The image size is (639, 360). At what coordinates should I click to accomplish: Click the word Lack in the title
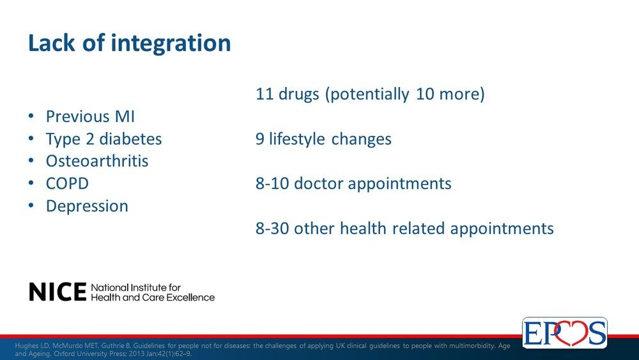51,43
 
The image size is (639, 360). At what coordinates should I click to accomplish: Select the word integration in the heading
171,43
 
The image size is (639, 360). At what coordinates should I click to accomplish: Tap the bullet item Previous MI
90,116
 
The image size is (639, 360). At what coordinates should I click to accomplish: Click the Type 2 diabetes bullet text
104,139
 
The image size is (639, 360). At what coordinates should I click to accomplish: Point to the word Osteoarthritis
97,161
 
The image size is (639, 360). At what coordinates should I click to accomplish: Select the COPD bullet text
67,184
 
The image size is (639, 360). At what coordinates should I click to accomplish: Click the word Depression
87,207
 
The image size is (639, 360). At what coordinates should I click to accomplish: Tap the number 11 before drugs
264,94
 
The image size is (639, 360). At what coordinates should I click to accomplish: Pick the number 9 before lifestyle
260,139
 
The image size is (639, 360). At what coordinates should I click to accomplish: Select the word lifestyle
296,139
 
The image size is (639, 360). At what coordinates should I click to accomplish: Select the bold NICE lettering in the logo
58,292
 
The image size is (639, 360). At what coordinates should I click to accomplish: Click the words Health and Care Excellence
153,297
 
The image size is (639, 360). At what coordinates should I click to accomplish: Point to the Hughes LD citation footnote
263,349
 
